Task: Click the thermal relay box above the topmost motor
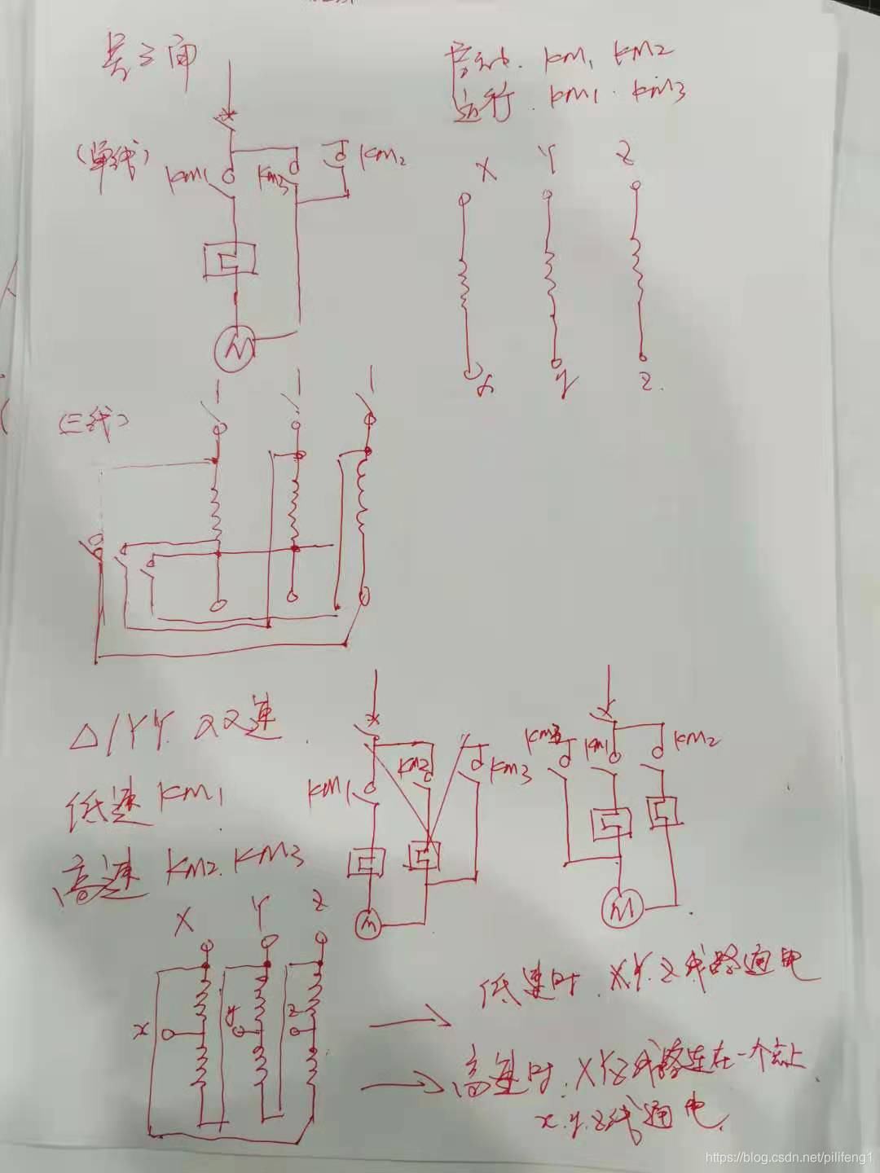tap(231, 259)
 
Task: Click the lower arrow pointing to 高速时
tap(403, 1085)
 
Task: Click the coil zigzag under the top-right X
tap(464, 285)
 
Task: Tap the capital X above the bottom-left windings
tap(185, 923)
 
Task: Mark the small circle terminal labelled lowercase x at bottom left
tap(169, 1034)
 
